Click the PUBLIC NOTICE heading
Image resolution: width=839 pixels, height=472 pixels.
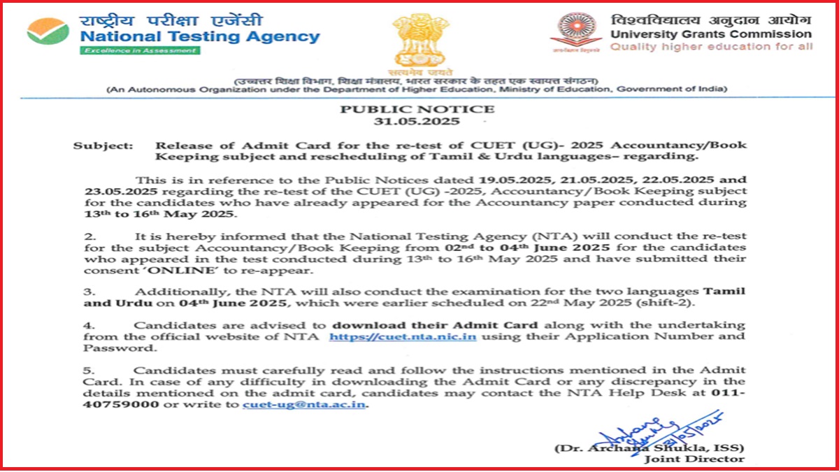click(x=417, y=109)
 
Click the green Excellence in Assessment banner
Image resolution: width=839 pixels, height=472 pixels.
click(x=139, y=50)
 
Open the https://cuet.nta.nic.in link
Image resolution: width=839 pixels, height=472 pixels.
click(x=403, y=336)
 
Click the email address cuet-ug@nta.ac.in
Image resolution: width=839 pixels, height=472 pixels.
click(x=304, y=406)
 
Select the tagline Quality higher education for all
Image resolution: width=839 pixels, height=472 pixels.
click(x=711, y=46)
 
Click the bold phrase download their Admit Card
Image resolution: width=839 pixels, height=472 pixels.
click(x=435, y=325)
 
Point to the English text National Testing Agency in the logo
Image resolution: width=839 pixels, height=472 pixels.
click(x=200, y=36)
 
